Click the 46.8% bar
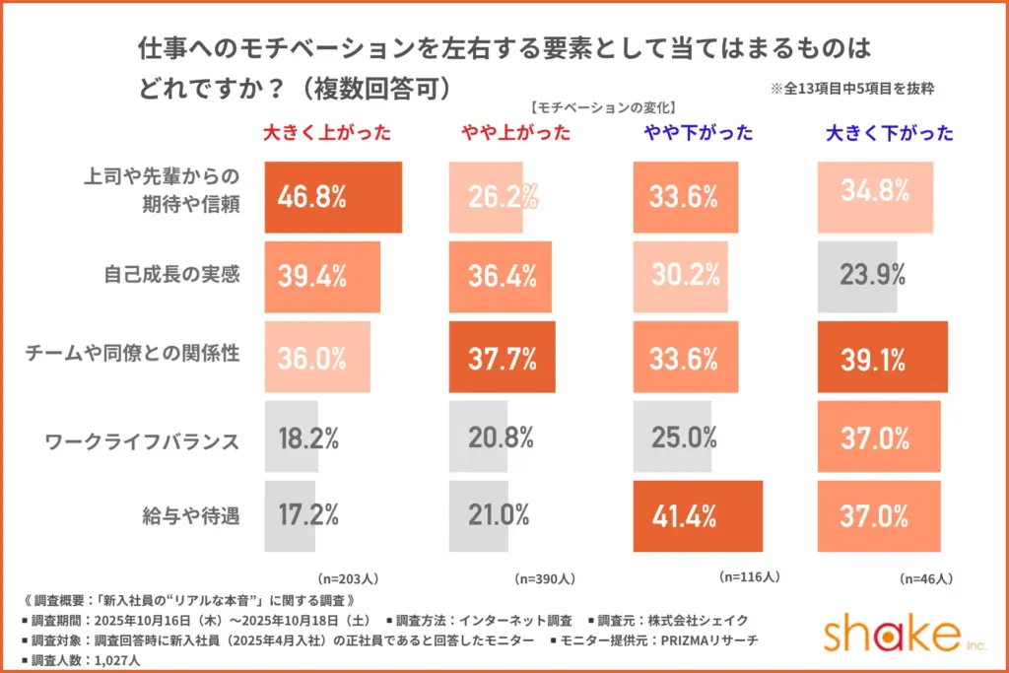tap(334, 197)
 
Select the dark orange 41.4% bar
tap(698, 515)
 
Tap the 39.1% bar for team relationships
tap(882, 357)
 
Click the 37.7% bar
tap(502, 357)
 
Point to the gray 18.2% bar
tap(292, 437)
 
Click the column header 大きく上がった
tap(326, 133)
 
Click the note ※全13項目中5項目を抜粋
tap(852, 89)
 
